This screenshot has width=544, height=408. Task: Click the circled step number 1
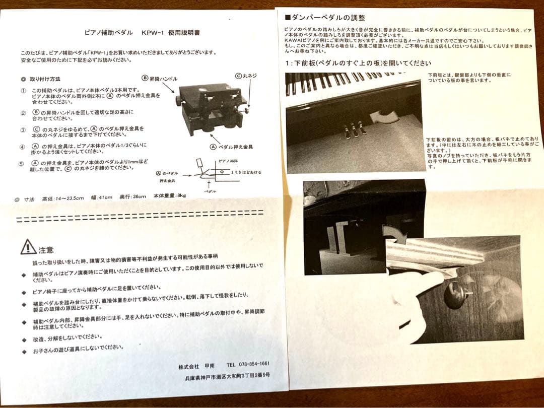23,91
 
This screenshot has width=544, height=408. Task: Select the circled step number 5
23,164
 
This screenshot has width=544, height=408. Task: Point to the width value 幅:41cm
105,197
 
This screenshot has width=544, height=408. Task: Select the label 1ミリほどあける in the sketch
246,173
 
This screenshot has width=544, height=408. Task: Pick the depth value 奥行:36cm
135,196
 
